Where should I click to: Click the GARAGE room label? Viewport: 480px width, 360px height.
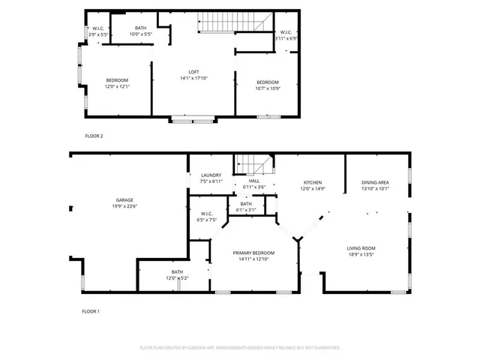pyautogui.click(x=125, y=200)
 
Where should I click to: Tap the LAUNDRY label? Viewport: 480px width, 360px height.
pyautogui.click(x=211, y=175)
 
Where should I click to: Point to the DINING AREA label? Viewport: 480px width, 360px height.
pyautogui.click(x=375, y=182)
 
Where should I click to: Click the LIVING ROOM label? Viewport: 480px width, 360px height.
pyautogui.click(x=361, y=248)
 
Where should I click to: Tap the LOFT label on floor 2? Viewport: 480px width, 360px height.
pyautogui.click(x=193, y=72)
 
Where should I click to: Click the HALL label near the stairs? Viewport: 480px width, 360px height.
pyautogui.click(x=253, y=181)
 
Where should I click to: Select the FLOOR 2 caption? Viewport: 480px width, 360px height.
pyautogui.click(x=94, y=136)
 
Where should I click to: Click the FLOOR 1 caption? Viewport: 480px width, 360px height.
pyautogui.click(x=91, y=310)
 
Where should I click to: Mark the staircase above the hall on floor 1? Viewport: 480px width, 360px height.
pyautogui.click(x=253, y=163)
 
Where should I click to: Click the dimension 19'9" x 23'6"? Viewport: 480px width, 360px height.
pyautogui.click(x=125, y=206)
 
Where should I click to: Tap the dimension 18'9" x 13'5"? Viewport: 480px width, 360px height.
pyautogui.click(x=361, y=254)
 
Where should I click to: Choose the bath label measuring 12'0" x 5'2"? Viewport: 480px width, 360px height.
pyautogui.click(x=177, y=274)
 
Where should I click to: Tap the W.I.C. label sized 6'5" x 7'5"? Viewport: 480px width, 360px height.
pyautogui.click(x=207, y=217)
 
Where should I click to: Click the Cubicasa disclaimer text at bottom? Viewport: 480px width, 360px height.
pyautogui.click(x=240, y=348)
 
